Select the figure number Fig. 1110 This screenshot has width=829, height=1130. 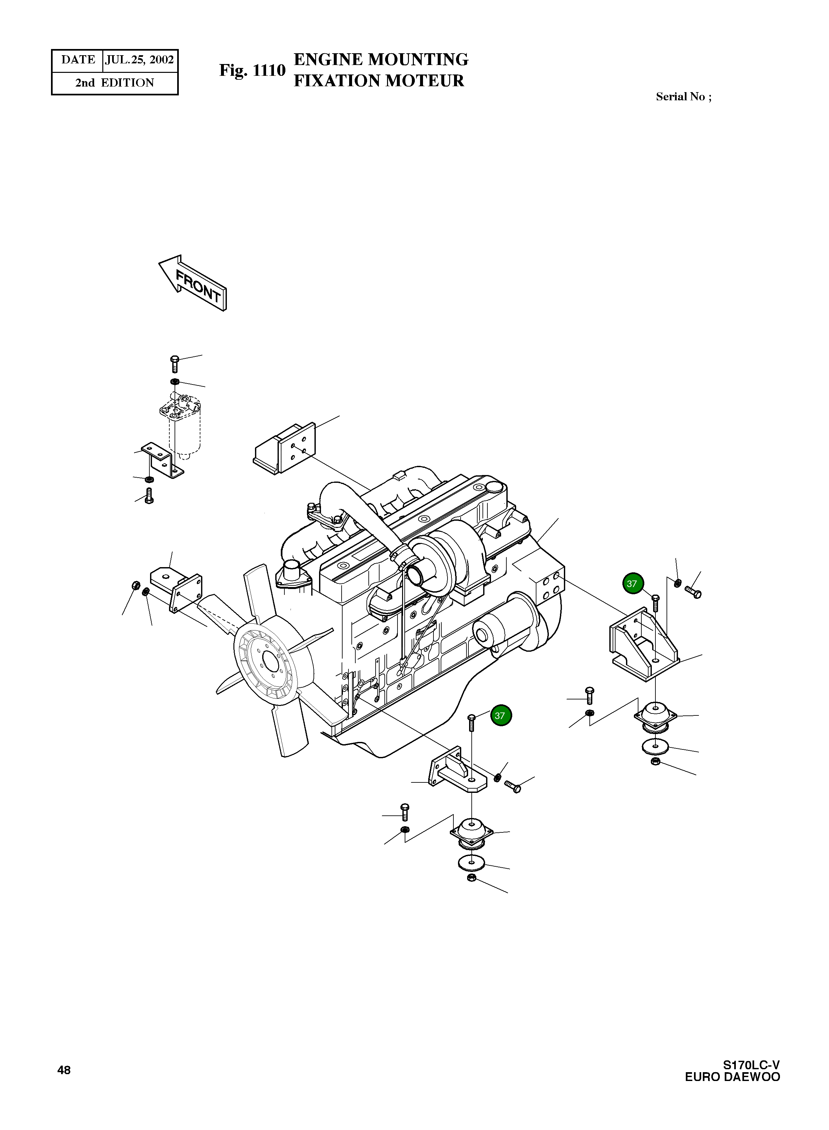click(x=252, y=70)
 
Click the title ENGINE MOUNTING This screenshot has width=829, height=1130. click(x=381, y=59)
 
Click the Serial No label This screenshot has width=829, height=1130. click(x=683, y=97)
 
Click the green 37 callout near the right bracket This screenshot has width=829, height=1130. click(x=632, y=584)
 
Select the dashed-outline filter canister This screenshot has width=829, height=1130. click(x=184, y=426)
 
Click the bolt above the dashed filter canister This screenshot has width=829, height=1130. click(x=175, y=363)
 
